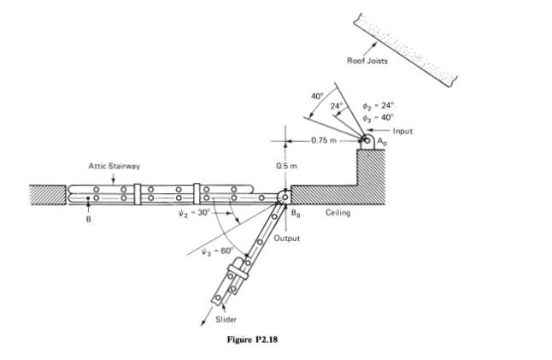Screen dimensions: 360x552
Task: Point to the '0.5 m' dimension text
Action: click(x=285, y=165)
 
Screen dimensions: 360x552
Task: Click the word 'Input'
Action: click(x=402, y=132)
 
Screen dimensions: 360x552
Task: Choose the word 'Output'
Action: click(x=287, y=239)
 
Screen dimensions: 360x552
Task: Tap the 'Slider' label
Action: click(x=224, y=319)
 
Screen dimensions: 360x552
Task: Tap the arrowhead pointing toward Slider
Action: click(x=204, y=322)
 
